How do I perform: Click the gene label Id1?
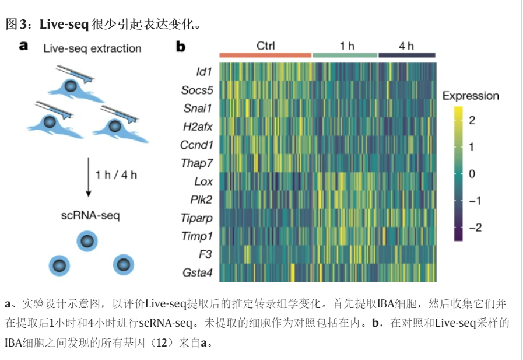tap(203, 71)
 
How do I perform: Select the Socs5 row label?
tap(196, 90)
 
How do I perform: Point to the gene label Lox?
tap(203, 181)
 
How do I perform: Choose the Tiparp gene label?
tap(197, 218)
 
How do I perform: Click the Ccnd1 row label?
tap(196, 145)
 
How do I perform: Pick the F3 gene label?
tap(205, 254)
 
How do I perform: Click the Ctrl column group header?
tap(265, 46)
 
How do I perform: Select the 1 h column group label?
tap(347, 46)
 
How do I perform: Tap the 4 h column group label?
tap(406, 46)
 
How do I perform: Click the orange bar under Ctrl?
tap(265, 55)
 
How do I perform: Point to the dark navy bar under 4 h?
tap(407, 55)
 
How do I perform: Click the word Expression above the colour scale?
tap(471, 96)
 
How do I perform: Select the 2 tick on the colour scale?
tap(472, 121)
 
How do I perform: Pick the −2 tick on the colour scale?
tap(474, 227)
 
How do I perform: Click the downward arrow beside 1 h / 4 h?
tap(88, 176)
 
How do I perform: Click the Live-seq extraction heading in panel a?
tap(92, 48)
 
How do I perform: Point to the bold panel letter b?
tap(181, 47)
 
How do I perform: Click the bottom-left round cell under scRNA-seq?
tap(59, 265)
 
